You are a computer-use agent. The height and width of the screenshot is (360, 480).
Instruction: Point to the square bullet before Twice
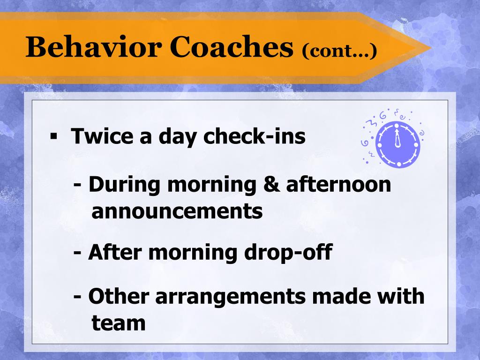point(54,136)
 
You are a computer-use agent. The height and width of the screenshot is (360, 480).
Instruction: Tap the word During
point(124,185)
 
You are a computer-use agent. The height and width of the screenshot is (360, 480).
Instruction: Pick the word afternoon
point(338,184)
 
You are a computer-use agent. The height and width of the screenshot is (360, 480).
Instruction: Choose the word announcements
point(177,211)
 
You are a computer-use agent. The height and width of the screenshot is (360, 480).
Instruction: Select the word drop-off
point(288,252)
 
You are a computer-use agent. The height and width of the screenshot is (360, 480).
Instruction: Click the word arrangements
point(231,297)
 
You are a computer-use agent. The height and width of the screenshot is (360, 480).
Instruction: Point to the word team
point(119,323)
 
